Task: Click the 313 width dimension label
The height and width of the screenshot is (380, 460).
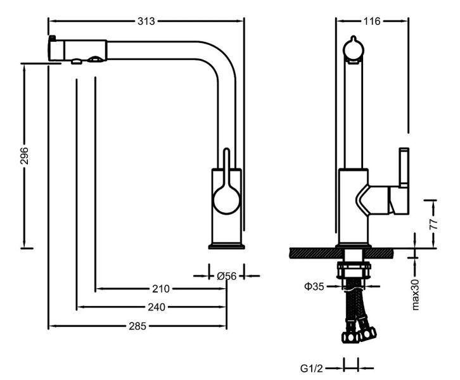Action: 146,21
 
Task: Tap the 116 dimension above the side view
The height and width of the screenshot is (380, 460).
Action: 371,21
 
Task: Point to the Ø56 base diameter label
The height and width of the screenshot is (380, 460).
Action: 226,275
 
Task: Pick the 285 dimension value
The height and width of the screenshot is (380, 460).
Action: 138,326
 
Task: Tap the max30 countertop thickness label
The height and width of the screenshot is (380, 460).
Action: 417,293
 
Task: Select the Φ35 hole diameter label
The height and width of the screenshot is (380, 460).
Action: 314,286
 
